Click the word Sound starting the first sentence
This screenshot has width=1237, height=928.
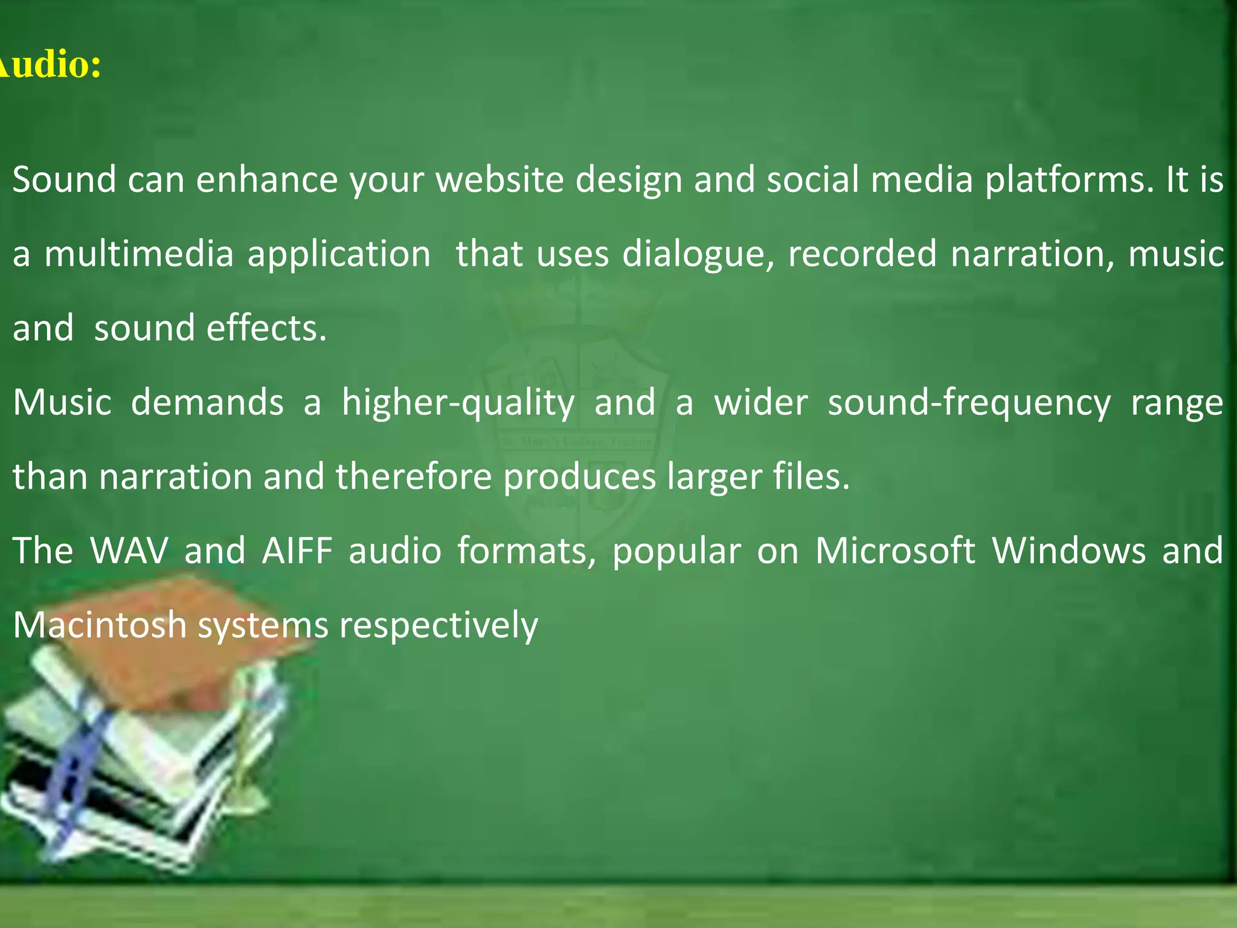tap(64, 180)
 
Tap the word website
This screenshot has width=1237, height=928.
tap(499, 180)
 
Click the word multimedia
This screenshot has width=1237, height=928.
tap(139, 254)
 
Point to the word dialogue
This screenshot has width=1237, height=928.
tap(698, 254)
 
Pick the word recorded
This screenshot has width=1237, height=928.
tap(862, 254)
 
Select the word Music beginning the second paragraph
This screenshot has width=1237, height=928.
tap(62, 402)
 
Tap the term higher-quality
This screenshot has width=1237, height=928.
tap(458, 404)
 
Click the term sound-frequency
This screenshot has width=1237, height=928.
tap(968, 404)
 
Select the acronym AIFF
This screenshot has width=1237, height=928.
tap(297, 551)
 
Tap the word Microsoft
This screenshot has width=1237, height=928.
tap(895, 551)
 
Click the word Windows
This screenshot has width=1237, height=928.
tap(1068, 551)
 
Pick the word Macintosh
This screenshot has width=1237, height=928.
tap(100, 625)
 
